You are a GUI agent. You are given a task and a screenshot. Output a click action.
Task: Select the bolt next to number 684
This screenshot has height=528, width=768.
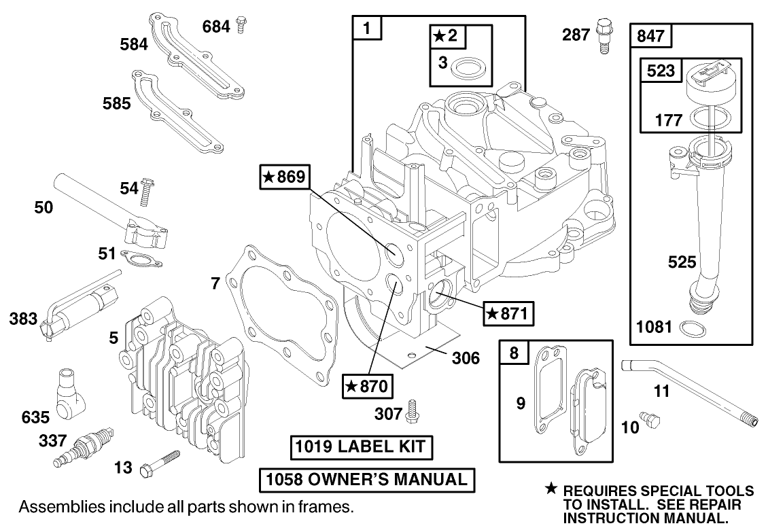[x=240, y=25]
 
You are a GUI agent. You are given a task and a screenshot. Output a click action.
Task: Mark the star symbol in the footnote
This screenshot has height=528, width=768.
[x=551, y=489]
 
